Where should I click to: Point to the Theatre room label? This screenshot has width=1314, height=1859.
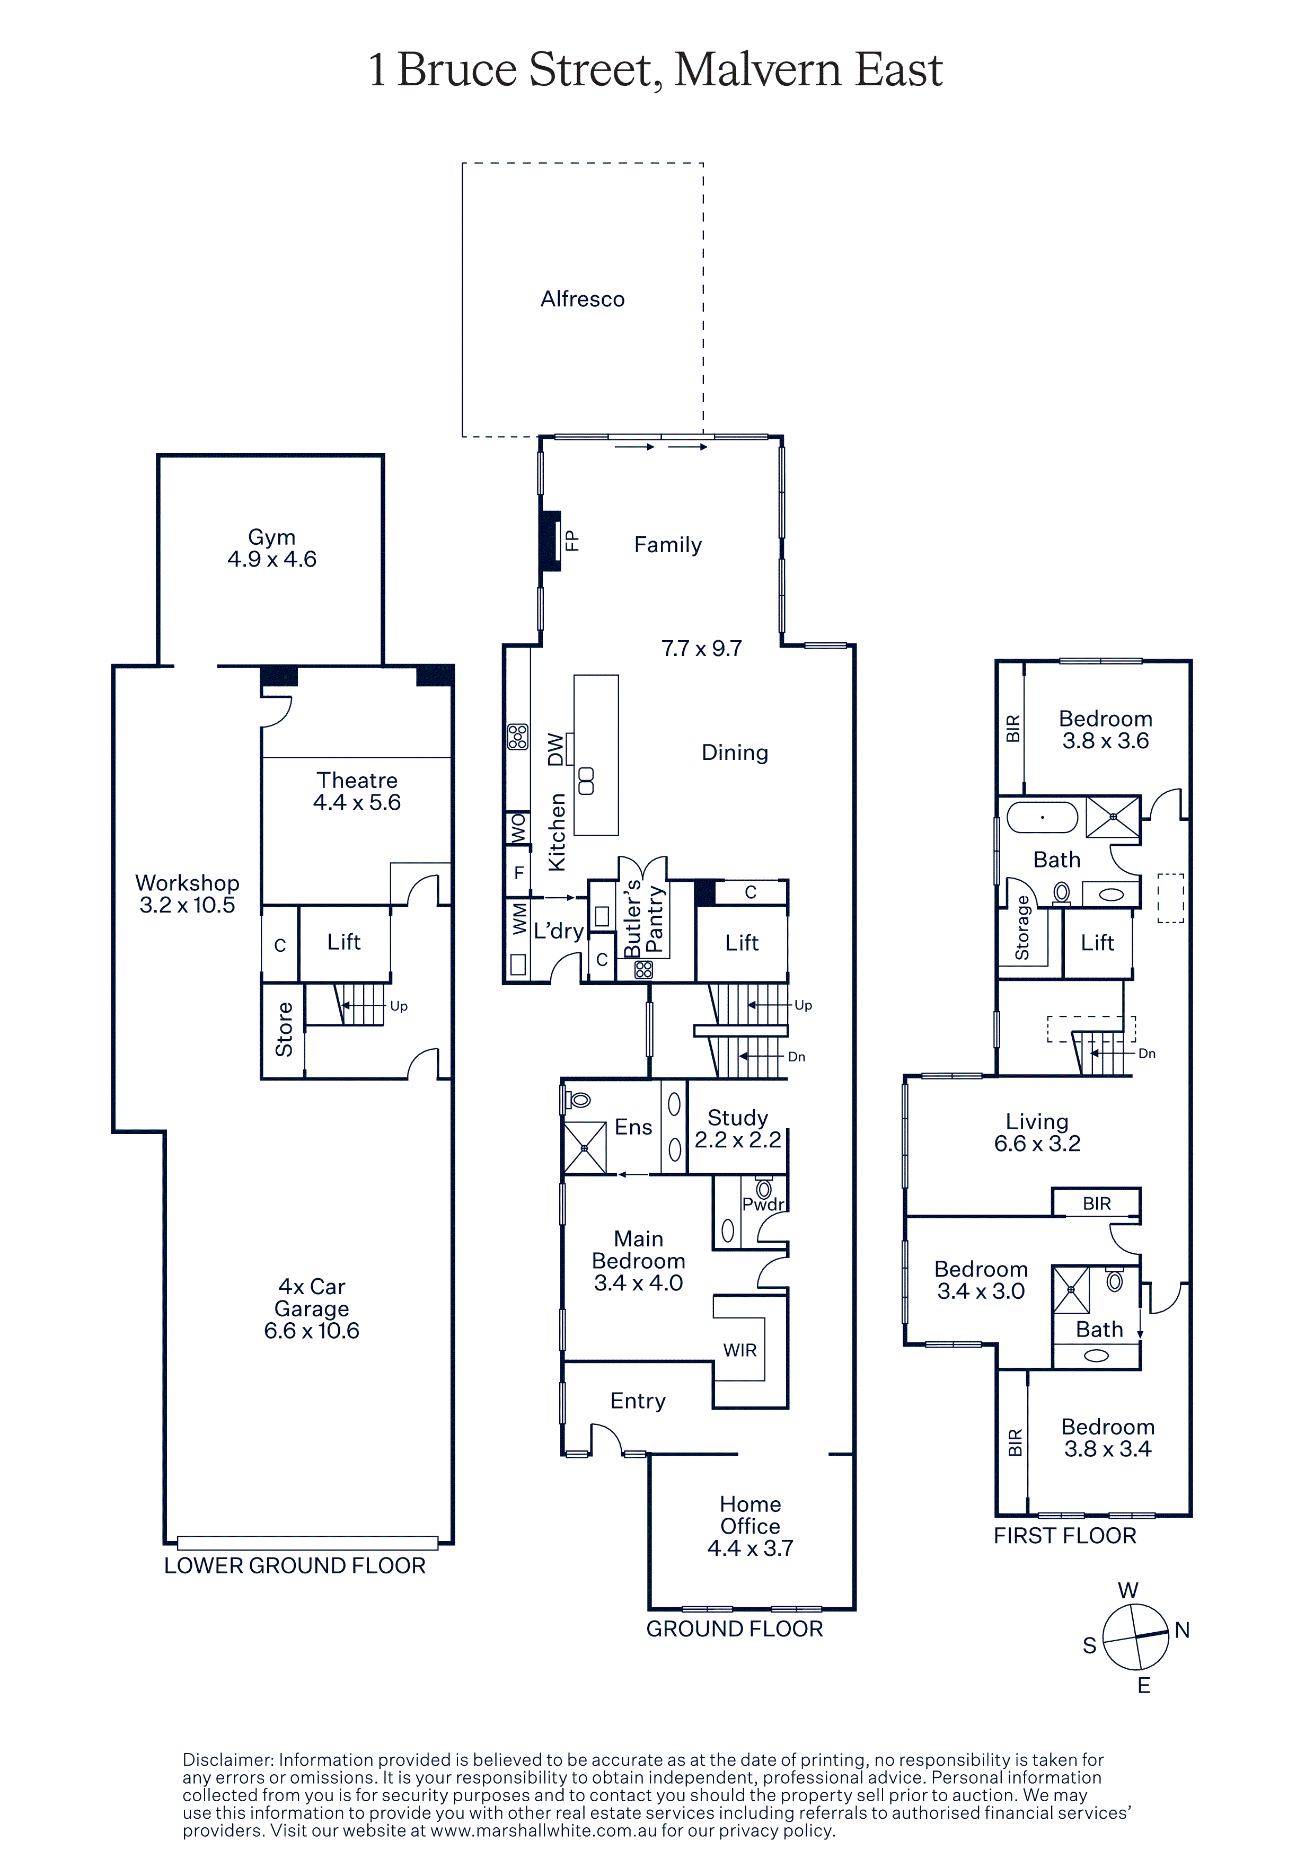pos(357,781)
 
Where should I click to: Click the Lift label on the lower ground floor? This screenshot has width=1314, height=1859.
pos(344,942)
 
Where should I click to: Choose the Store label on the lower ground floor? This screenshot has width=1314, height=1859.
pos(284,1029)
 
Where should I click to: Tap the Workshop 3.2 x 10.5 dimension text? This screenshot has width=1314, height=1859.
pos(187,905)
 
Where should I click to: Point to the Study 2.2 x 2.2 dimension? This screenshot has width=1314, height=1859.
pos(737,1140)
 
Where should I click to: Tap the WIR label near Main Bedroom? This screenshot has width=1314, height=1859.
pos(740,1350)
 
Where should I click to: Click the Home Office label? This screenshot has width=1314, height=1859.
pos(751,1515)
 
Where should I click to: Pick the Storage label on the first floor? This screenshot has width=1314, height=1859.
pos(1022,928)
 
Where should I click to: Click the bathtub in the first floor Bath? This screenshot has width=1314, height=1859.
pos(1042,818)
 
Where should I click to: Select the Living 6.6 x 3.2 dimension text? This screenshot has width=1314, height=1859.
pos(1037,1143)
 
